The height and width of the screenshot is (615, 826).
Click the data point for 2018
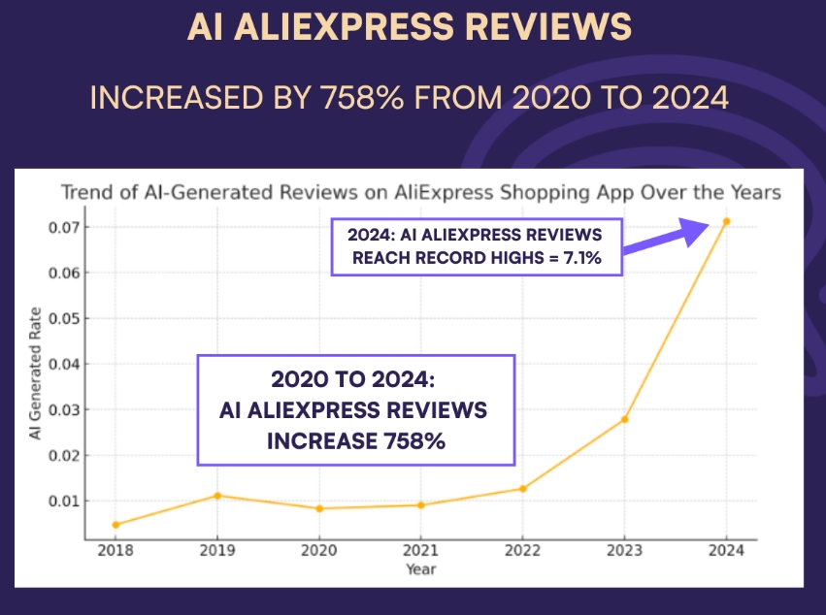click(116, 525)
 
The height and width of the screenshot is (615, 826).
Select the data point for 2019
click(217, 496)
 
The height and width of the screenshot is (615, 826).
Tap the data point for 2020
click(319, 508)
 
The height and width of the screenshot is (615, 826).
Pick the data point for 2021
click(420, 505)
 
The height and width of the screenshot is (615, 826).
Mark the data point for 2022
click(522, 489)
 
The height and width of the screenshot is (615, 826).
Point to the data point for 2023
click(624, 419)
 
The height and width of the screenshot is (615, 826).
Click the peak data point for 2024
click(726, 221)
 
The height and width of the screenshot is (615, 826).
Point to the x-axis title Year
click(420, 569)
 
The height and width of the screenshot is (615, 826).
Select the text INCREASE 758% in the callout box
click(356, 441)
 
